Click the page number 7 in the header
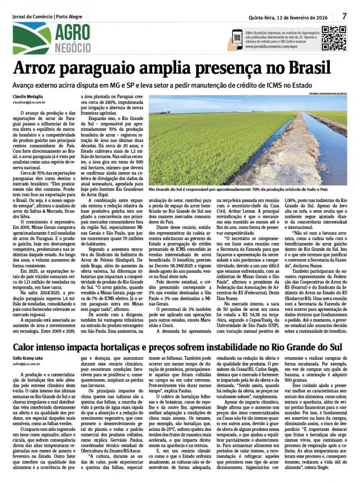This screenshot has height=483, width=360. [344, 16]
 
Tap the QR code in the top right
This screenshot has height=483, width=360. [334, 38]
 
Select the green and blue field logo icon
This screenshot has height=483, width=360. [32, 38]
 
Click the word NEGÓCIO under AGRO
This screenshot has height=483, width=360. [73, 48]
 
